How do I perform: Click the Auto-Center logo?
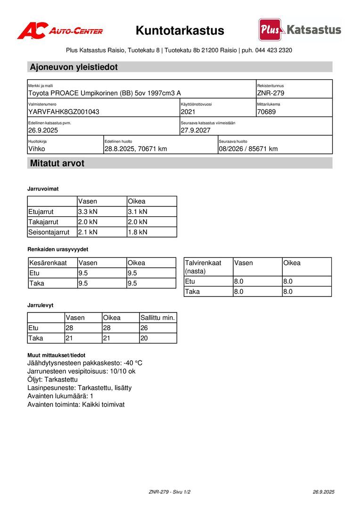60,31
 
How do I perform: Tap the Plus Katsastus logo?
300,30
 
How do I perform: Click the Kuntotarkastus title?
180,31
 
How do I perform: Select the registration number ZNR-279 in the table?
270,93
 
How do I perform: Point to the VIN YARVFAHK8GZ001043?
64,112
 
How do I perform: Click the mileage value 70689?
267,112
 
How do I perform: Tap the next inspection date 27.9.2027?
196,130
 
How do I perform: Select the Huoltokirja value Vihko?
37,149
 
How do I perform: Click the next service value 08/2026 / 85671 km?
248,149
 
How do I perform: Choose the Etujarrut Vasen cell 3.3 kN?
88,212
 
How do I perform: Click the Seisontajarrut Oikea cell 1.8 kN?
138,232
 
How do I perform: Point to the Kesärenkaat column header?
48,263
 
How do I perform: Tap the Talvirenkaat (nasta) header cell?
203,267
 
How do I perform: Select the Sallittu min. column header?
158,318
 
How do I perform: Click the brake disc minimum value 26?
145,328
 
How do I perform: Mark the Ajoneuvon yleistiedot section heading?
74,67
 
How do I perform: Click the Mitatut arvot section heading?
57,164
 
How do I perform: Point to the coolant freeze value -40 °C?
133,363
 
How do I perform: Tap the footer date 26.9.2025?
323,492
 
